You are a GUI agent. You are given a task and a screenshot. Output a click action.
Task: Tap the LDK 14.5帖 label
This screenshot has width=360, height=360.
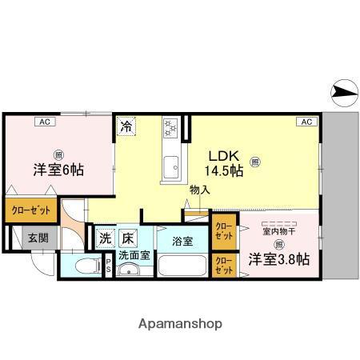coord(225,163)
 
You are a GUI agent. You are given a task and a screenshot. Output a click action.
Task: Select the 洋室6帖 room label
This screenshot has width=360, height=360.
coord(58,170)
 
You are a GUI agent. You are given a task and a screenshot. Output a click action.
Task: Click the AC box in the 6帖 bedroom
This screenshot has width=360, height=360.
coord(46,122)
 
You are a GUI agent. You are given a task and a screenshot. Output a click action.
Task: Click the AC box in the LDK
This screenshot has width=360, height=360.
coord(306,122)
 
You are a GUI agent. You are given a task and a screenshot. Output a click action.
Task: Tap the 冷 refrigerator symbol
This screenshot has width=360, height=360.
coord(126,126)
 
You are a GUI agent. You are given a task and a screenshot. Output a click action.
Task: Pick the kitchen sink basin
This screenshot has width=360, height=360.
coord(172,168)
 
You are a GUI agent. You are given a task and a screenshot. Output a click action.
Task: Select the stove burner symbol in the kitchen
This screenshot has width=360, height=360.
coord(171,126)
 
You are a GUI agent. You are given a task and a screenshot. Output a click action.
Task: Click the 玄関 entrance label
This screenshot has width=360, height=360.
coord(37,238)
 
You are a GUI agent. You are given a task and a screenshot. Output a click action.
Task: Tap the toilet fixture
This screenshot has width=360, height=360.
coord(82,266)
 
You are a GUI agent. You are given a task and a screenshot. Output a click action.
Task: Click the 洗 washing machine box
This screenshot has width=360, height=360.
coord(106,238)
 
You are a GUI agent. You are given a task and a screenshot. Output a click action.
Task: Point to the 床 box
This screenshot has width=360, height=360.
coord(128,238)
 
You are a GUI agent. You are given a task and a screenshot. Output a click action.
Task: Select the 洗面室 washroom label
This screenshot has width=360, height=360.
coord(134,255)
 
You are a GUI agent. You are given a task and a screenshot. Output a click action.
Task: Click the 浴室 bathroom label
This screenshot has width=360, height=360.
coord(182,241)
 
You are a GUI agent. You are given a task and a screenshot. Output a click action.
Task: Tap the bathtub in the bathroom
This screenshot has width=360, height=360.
coord(182,266)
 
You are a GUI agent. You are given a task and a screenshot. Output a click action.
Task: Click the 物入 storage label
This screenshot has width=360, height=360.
coord(199,190)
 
